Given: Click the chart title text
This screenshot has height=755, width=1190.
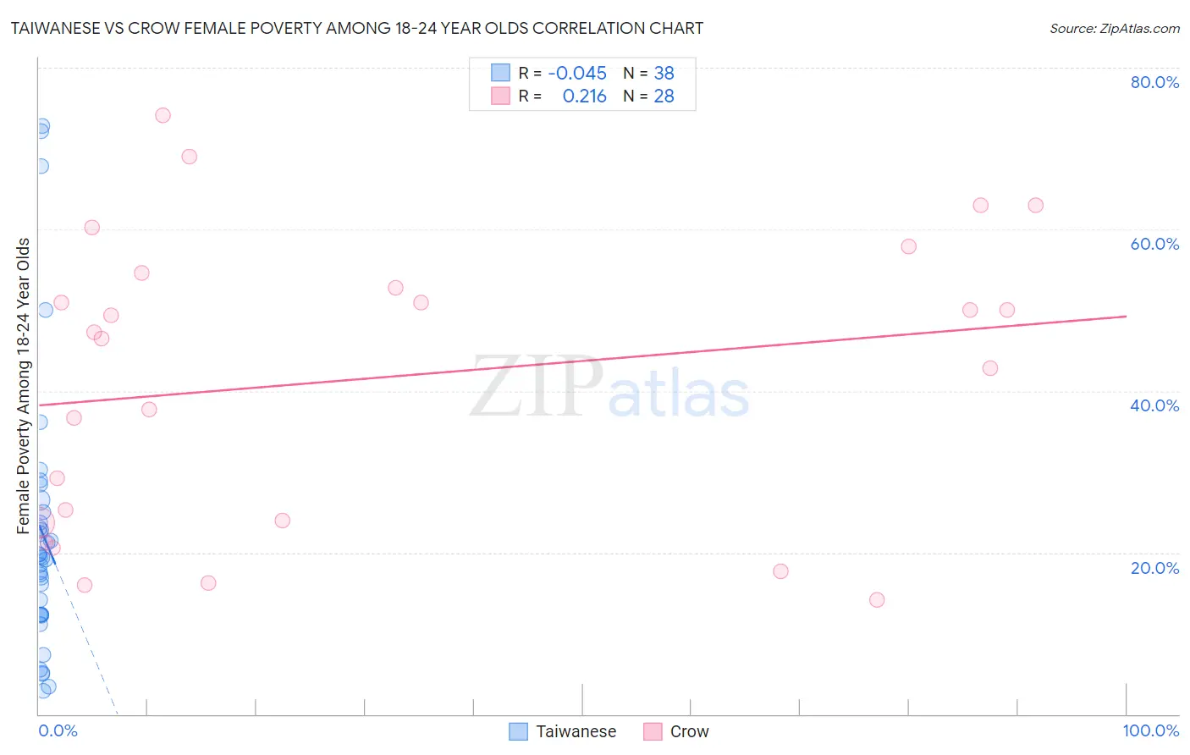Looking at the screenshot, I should (356, 28).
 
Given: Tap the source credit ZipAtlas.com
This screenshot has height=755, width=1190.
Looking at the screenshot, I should (1114, 28).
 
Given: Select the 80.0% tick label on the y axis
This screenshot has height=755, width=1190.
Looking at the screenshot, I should (1154, 82).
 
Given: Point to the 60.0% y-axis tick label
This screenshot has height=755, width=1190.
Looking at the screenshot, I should (1154, 244).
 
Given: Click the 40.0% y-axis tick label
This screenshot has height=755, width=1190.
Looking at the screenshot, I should (1154, 405).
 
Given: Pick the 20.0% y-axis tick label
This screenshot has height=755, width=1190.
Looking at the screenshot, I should (1154, 568).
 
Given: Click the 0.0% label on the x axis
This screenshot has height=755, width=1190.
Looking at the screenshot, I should (58, 730).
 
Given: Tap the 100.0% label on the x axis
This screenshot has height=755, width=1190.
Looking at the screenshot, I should (1150, 730).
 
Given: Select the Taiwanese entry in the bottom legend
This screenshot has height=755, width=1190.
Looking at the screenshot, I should (575, 731).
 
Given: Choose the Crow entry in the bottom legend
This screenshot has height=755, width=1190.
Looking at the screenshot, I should (688, 731).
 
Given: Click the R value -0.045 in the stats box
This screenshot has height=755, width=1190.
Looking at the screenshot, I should (577, 74).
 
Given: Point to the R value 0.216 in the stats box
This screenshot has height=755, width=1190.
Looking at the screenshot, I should (584, 96).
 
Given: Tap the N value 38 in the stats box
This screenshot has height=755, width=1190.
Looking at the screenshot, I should (664, 74).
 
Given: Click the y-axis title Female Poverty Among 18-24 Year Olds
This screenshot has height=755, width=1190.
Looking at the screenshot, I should (24, 386).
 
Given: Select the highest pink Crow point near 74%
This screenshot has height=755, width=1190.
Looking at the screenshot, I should (163, 115).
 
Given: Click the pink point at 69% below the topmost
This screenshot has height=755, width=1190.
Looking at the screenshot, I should (190, 157).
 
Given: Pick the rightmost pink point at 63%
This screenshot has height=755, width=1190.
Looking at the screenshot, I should (1035, 205).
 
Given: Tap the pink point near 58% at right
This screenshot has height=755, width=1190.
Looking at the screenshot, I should (908, 246).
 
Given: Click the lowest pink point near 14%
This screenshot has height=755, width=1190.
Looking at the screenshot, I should (877, 600).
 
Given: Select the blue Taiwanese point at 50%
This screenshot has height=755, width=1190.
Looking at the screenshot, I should (46, 310).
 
